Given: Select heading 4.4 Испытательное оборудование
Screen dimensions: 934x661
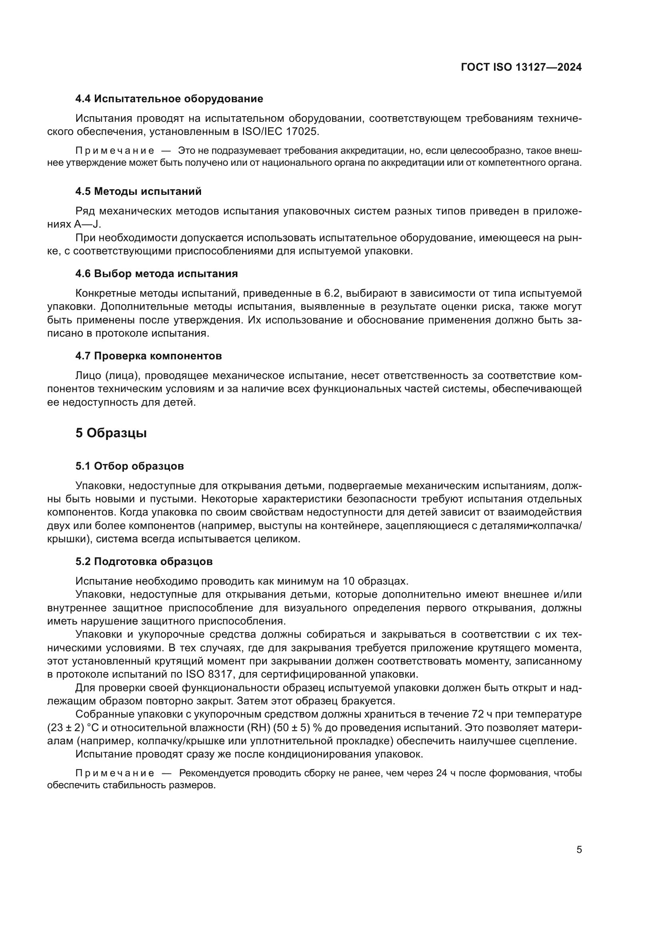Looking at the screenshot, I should click(x=169, y=99).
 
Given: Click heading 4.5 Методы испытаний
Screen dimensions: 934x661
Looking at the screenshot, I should click(x=138, y=192).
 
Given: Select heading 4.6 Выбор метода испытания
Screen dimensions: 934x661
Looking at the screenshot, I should click(x=157, y=274).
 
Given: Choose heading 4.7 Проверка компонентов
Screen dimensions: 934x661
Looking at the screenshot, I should click(x=149, y=356).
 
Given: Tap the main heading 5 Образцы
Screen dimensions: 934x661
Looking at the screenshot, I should click(x=111, y=433).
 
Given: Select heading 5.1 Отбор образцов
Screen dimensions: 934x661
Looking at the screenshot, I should click(x=129, y=466).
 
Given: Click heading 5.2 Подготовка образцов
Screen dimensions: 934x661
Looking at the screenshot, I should click(x=144, y=562).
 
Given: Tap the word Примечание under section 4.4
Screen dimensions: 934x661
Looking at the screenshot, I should click(x=115, y=151).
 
